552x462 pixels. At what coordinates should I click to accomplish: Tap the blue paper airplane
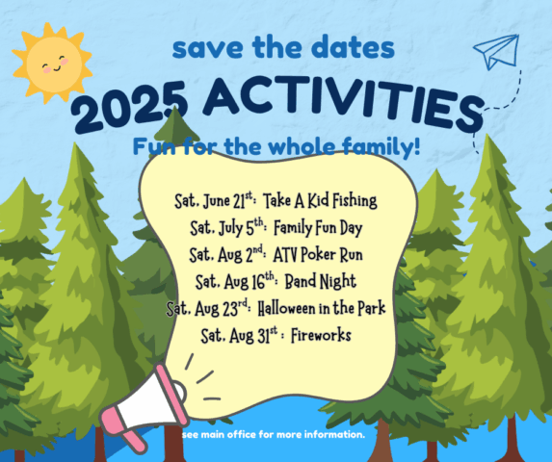coord(497,51)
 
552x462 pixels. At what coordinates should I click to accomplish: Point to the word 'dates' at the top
coord(354,47)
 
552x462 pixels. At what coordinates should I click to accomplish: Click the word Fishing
coord(355,201)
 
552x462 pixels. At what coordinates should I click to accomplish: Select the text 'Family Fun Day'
coord(318,228)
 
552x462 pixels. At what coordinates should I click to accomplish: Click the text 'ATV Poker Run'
coord(318,254)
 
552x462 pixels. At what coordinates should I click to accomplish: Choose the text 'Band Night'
coord(320,281)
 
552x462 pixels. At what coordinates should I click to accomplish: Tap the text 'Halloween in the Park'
coord(322,308)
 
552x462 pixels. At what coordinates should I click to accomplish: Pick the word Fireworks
coord(321,335)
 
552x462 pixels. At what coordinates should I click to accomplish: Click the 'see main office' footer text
coord(274,435)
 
